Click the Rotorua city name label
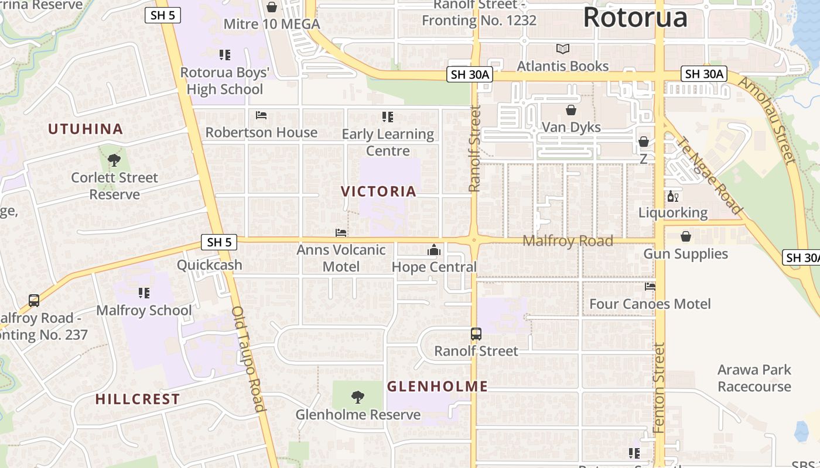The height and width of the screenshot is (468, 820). (x=635, y=18)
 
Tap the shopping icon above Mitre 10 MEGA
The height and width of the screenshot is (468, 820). (x=272, y=7)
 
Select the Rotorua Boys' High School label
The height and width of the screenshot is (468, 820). (x=225, y=81)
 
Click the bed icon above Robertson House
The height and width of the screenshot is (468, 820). (x=261, y=115)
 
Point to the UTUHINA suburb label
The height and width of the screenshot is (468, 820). (x=86, y=129)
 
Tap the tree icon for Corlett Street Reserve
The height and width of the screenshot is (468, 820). (x=114, y=160)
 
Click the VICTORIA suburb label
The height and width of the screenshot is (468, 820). (x=378, y=191)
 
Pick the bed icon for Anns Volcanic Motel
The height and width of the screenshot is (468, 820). (x=341, y=233)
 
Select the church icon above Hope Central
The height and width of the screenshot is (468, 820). (x=434, y=250)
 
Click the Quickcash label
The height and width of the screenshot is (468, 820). (x=210, y=265)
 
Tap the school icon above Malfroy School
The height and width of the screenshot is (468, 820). (x=144, y=292)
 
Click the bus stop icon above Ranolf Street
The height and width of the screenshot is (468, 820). (x=476, y=334)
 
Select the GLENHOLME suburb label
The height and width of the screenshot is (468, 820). (x=438, y=386)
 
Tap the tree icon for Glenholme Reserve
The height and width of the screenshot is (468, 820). (x=357, y=398)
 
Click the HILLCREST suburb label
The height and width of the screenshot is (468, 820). (x=138, y=400)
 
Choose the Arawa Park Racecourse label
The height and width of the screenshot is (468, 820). (x=754, y=378)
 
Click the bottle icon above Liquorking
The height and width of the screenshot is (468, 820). (x=672, y=197)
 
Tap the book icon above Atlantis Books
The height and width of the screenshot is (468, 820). (x=563, y=49)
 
